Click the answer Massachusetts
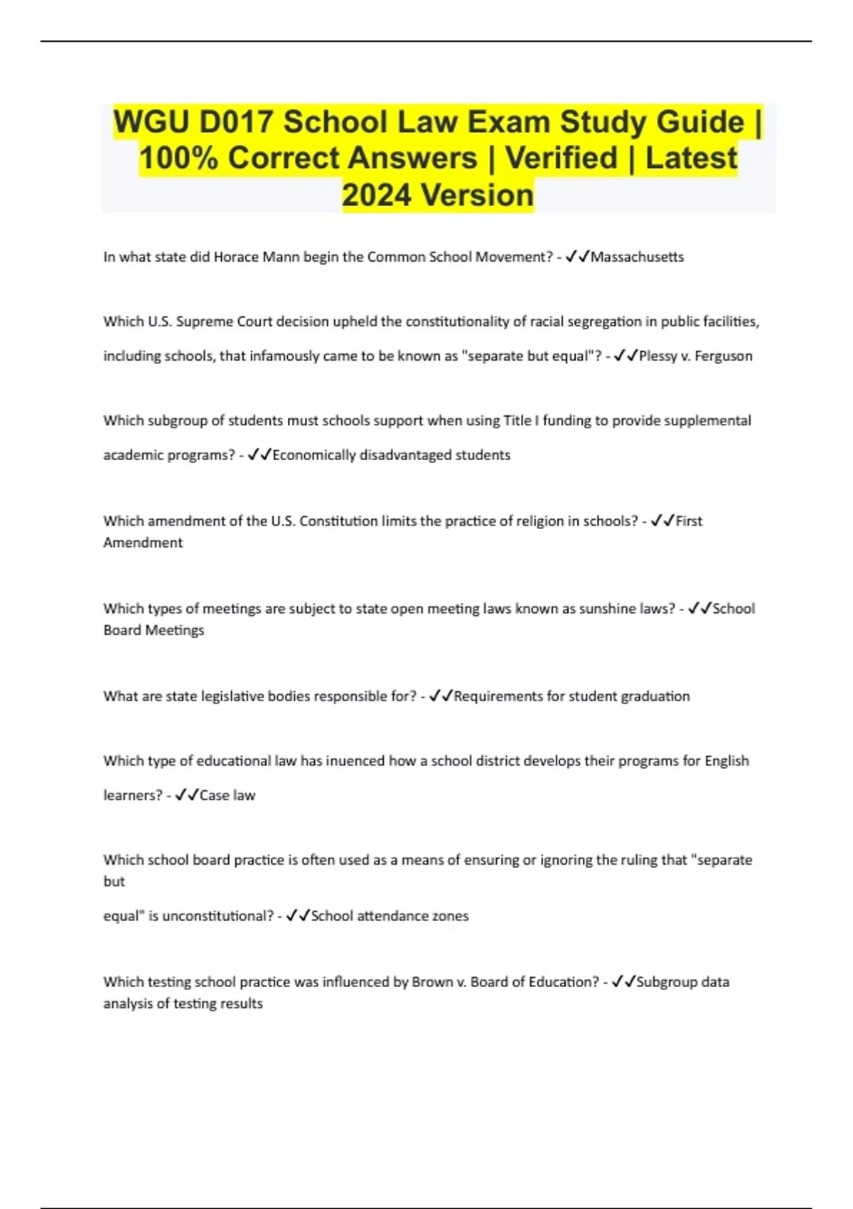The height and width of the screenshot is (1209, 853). click(637, 257)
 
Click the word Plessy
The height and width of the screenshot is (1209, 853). click(658, 356)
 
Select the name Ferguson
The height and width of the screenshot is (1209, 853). click(723, 356)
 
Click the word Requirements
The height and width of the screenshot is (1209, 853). click(498, 696)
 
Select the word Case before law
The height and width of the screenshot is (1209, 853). click(214, 795)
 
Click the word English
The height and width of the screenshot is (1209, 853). click(726, 761)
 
